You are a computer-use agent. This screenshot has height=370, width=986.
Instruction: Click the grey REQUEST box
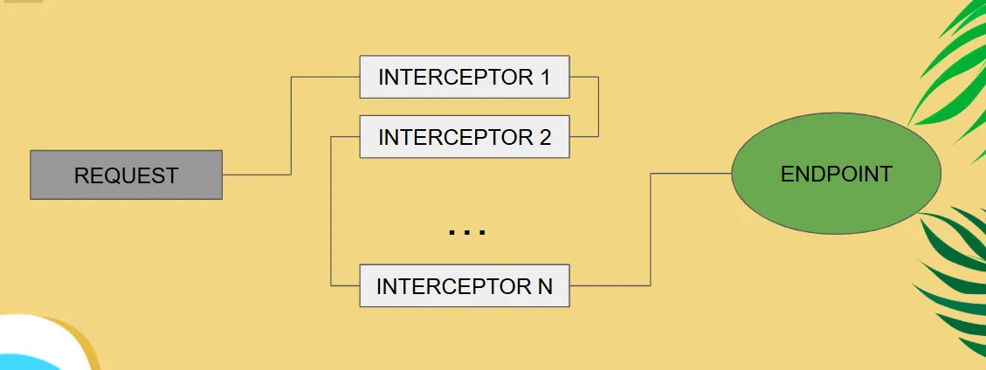pyautogui.click(x=126, y=175)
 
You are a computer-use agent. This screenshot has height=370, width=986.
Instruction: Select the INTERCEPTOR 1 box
pyautogui.click(x=464, y=77)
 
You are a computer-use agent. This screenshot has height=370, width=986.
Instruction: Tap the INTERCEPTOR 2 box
pyautogui.click(x=464, y=137)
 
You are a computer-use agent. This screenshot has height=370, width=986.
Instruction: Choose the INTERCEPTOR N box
pyautogui.click(x=464, y=286)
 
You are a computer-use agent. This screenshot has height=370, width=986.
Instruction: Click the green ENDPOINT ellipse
pyautogui.click(x=836, y=174)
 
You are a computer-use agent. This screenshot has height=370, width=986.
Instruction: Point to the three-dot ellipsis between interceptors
pyautogui.click(x=466, y=232)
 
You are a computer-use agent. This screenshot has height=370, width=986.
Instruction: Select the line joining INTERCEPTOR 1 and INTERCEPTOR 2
pyautogui.click(x=598, y=106)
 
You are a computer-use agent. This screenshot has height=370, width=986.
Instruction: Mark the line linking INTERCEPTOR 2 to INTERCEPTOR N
pyautogui.click(x=332, y=209)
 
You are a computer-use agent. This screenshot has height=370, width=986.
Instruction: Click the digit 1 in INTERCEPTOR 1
pyautogui.click(x=545, y=77)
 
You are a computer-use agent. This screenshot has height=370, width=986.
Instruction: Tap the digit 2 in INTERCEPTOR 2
pyautogui.click(x=545, y=137)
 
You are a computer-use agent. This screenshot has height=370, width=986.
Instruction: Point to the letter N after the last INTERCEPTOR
pyautogui.click(x=545, y=286)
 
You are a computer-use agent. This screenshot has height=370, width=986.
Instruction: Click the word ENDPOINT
pyautogui.click(x=836, y=174)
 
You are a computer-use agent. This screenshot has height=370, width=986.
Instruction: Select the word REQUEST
pyautogui.click(x=126, y=175)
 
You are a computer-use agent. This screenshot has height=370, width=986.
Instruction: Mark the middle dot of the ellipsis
pyautogui.click(x=466, y=232)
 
